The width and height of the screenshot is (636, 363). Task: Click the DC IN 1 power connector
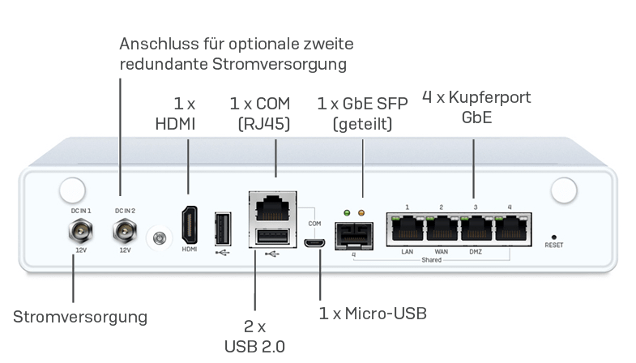coord(81,231)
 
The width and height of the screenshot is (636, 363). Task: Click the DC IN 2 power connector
coord(125,230)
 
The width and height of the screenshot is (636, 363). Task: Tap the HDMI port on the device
coord(190,225)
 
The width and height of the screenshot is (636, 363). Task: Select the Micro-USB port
coord(314,243)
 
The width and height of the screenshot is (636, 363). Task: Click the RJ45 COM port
coord(273,207)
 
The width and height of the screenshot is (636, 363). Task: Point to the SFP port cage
coord(354,236)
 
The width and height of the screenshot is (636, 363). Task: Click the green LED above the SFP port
coord(347,213)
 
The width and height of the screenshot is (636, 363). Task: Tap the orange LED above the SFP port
coord(361,213)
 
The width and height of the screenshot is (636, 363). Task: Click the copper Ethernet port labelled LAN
coord(408,228)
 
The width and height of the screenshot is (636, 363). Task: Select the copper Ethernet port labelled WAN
coord(442,228)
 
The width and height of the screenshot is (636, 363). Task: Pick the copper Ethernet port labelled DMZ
coord(476,228)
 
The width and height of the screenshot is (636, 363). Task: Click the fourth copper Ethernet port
coord(511,228)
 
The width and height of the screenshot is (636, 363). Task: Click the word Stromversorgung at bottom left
coord(80,317)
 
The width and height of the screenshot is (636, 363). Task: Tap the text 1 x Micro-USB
coord(373,314)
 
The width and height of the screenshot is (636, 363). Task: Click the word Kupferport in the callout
coord(489,97)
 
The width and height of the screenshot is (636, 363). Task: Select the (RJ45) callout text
coord(264,124)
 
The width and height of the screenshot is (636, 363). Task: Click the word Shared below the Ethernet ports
coord(431,260)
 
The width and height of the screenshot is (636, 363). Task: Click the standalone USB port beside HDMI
coord(223,228)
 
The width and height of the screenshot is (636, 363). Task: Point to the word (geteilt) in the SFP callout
coord(363,124)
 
